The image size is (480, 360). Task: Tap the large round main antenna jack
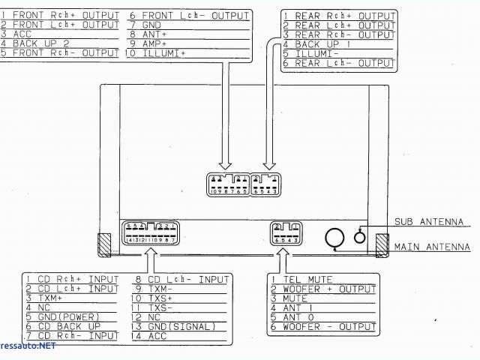tap(333, 238)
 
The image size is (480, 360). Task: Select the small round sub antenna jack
tap(360, 236)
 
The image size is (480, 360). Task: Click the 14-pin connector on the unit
tap(150, 232)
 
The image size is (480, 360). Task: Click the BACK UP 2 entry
tap(40, 43)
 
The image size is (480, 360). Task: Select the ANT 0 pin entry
tap(300, 317)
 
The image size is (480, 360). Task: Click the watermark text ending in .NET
tap(28, 348)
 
